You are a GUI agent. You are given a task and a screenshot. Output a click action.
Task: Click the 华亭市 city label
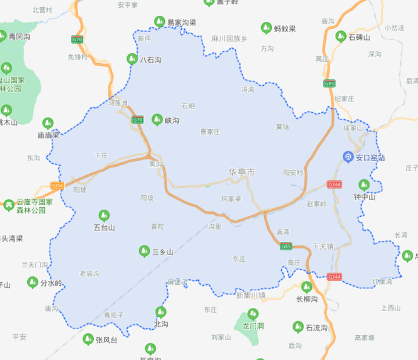point(242,173)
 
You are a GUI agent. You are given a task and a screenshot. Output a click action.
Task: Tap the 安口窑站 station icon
point(349,157)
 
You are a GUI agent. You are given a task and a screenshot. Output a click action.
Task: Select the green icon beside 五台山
point(104,215)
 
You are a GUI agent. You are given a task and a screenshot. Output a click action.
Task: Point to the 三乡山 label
point(163,252)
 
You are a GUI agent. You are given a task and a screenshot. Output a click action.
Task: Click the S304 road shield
point(58,185)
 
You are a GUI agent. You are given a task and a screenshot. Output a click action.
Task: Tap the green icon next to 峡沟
point(157,119)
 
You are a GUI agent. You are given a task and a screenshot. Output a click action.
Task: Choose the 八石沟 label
point(151,60)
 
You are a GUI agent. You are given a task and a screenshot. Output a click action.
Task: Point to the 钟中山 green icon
point(364,184)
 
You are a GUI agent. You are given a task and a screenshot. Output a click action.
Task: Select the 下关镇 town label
point(323,246)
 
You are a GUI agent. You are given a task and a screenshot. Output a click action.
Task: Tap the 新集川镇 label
point(251,295)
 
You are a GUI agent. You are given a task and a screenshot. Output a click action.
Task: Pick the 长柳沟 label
point(307,299)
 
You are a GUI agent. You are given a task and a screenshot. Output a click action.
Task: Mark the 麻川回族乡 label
point(230,38)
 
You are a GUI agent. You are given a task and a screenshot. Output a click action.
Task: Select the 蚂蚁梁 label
point(284,28)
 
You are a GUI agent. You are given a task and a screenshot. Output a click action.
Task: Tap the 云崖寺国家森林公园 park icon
point(8,205)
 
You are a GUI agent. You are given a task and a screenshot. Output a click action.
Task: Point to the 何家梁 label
point(231,198)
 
